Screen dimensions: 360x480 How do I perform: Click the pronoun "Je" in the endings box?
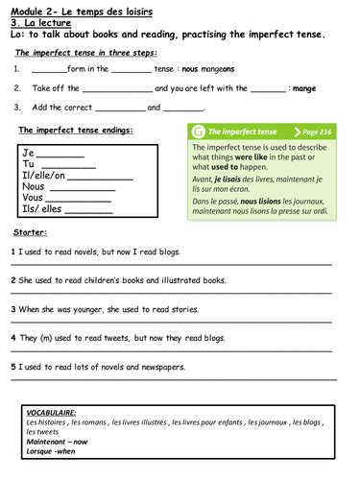[29, 154]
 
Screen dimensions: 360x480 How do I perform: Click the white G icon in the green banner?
[199, 131]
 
